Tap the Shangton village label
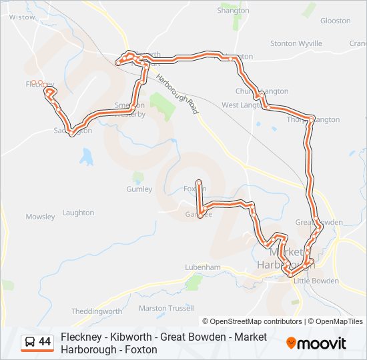233,11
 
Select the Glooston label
335,21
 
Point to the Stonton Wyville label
296,43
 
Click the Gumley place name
139,189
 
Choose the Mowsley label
40,217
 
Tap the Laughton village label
78,213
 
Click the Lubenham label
203,267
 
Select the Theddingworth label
96,311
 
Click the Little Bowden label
316,281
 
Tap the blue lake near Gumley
86,157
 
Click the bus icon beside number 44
30,342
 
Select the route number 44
45,342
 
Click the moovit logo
316,343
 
